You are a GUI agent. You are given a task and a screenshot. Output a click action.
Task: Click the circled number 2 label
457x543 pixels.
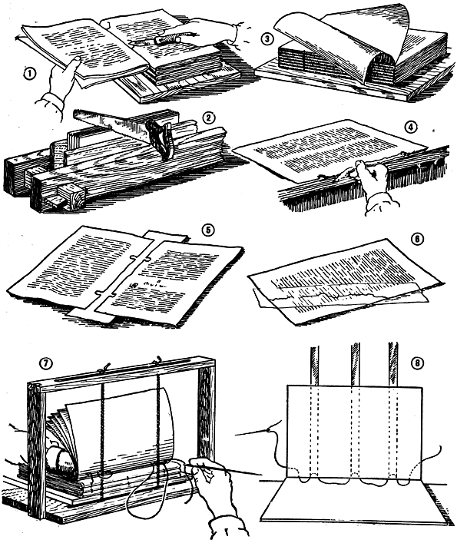[x=207, y=118]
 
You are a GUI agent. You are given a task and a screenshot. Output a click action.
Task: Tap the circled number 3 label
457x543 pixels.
[x=267, y=38]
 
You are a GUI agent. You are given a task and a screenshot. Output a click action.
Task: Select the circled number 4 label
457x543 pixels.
[x=410, y=127]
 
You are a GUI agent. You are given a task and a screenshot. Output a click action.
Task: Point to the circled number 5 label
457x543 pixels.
[x=208, y=230]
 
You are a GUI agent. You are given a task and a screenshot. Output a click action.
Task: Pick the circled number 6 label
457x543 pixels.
[x=418, y=239]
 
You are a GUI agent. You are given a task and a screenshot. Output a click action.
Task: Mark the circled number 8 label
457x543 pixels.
[x=417, y=363]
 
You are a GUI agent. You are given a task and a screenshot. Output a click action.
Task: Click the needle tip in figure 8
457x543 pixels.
[x=237, y=435]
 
